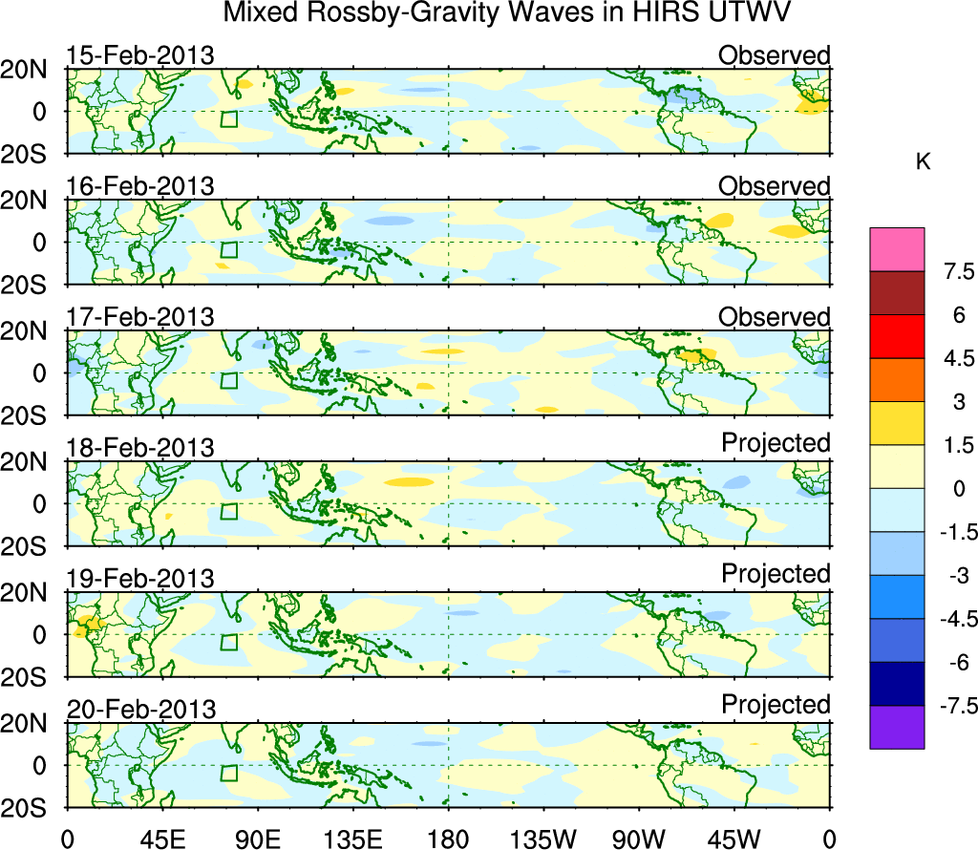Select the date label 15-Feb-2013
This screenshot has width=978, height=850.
140,55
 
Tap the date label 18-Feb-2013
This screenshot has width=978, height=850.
140,448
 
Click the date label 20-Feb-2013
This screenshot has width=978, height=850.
140,710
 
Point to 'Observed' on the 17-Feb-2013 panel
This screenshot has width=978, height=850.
775,317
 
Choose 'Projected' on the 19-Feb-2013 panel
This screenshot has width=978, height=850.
776,574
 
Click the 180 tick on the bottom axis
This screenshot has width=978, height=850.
448,838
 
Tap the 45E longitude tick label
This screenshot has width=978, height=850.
161,838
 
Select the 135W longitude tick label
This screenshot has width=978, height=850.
543,838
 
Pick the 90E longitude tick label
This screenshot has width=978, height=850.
257,838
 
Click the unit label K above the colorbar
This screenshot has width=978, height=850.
923,163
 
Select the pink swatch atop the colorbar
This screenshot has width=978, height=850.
897,249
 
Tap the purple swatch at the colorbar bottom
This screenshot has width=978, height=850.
897,727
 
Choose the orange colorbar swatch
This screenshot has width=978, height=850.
897,380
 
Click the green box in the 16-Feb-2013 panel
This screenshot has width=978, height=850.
228,250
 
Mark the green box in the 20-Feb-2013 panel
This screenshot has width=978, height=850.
228,774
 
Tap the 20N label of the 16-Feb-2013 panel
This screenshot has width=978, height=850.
30,201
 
